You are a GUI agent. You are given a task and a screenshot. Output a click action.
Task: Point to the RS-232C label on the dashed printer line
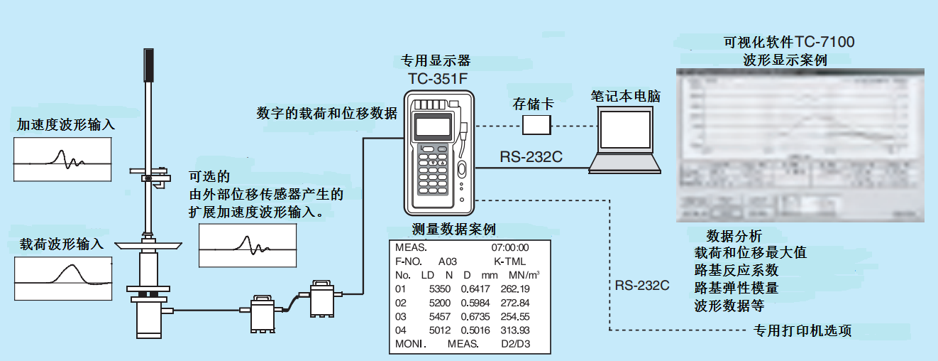pos(642,286)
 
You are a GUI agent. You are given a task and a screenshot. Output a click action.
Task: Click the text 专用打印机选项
pos(802,330)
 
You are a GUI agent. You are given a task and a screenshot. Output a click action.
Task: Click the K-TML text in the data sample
pos(509,262)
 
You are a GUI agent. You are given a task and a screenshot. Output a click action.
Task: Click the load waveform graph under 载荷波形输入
pos(62,277)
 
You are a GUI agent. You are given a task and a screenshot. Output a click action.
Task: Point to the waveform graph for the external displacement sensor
pos(247,246)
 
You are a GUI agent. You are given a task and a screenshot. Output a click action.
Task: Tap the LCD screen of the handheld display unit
pos(432,126)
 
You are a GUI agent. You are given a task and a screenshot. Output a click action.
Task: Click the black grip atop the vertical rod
pos(148,64)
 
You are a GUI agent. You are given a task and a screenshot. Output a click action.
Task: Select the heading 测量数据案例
pos(453,229)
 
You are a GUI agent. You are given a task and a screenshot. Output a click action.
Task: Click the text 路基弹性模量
pos(736,288)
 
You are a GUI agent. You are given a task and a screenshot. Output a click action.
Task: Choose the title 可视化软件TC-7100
pos(788,42)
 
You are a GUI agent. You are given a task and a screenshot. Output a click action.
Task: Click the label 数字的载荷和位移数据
pos(326,113)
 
